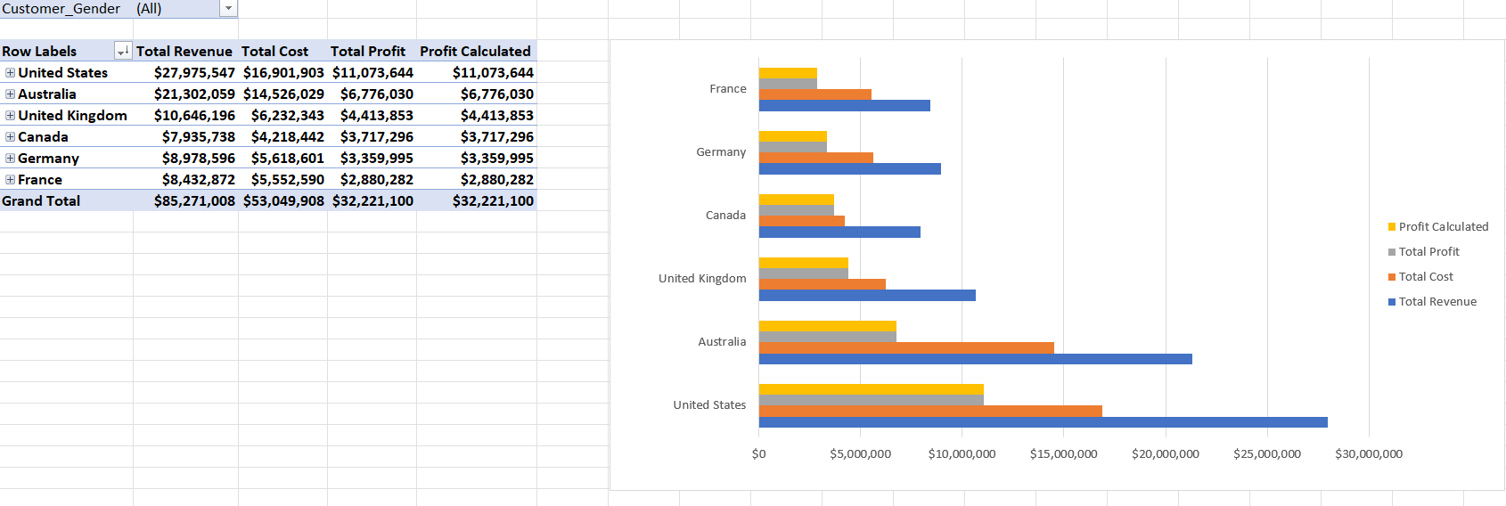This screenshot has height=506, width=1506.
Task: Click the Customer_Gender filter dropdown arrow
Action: [229, 9]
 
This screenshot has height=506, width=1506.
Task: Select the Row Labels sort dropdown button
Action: [123, 52]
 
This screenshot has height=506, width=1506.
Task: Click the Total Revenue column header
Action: [184, 52]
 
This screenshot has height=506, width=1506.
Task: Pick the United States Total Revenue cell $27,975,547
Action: [194, 73]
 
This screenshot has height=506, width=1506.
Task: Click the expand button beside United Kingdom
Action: [10, 116]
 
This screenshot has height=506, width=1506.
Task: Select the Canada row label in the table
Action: [43, 137]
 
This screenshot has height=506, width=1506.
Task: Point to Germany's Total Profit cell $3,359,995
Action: [376, 159]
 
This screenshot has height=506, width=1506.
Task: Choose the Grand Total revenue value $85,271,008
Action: [194, 201]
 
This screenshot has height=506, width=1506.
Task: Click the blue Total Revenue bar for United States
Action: [1043, 422]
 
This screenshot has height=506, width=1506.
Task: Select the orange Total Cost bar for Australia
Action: [906, 347]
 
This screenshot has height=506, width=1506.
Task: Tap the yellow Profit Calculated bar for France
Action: [788, 73]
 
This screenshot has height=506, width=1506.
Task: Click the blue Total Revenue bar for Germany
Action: [849, 168]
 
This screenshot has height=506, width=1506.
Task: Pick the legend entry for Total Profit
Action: [1428, 252]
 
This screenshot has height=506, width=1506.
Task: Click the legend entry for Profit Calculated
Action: [1443, 227]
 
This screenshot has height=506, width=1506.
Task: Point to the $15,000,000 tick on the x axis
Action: [1063, 454]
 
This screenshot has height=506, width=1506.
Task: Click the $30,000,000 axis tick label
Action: [1368, 454]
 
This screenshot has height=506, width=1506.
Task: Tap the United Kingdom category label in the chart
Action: [702, 279]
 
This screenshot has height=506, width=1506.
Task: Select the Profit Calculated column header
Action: [475, 52]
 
